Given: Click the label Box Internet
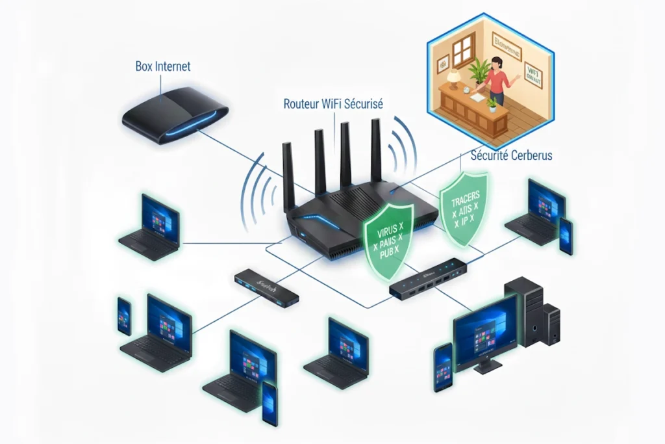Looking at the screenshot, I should coord(163,66).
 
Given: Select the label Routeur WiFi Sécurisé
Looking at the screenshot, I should coord(334,104).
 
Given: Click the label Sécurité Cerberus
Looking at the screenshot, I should coord(510,156).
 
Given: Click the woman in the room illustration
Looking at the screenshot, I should coord(495,82).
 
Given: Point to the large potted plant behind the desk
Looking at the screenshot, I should coord(480,72).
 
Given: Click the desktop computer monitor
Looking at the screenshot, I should coord(485,329).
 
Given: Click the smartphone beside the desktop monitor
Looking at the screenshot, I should coord(443,367).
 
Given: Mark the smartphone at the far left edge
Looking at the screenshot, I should coord(124,316).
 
